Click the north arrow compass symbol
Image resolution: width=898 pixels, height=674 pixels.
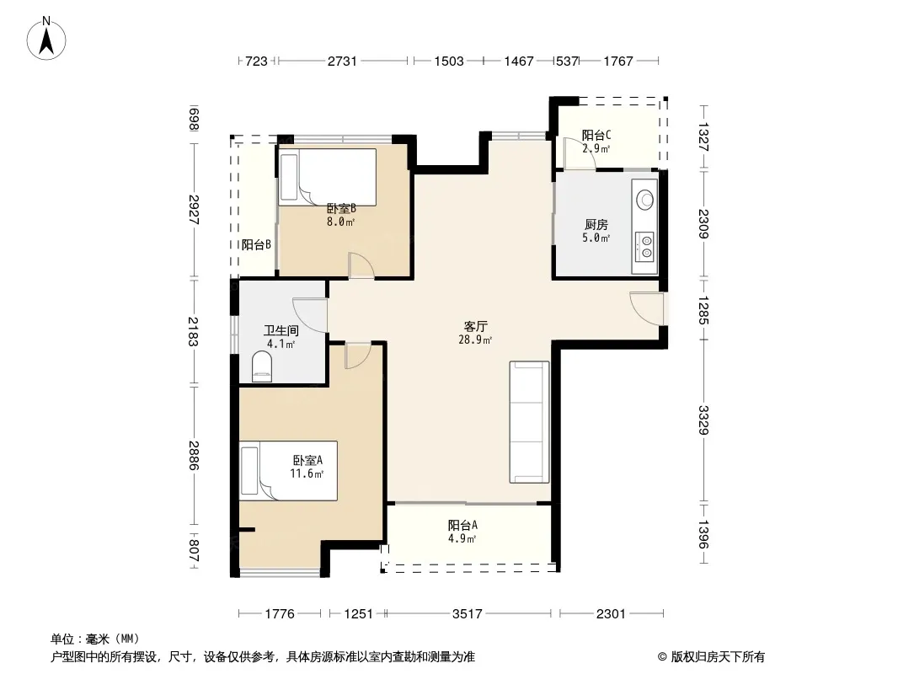click(x=46, y=39)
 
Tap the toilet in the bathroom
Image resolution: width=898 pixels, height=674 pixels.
click(x=262, y=367)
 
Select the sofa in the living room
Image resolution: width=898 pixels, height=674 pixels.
click(x=529, y=422)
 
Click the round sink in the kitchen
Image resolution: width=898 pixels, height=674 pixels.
click(x=645, y=200)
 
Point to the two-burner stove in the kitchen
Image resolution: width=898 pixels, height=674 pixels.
click(x=645, y=246)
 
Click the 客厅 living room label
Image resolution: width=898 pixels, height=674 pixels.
click(x=475, y=326)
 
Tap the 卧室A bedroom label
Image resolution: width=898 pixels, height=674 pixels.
click(x=307, y=460)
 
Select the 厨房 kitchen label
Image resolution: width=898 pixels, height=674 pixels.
click(x=596, y=224)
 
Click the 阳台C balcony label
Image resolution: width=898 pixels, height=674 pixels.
click(x=596, y=135)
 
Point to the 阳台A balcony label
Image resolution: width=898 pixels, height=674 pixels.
click(x=462, y=525)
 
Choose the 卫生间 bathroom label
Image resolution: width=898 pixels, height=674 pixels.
click(x=281, y=330)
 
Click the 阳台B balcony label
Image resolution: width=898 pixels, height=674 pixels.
click(x=256, y=245)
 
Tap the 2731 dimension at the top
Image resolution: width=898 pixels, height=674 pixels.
click(x=342, y=61)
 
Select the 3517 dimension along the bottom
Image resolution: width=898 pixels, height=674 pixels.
click(x=468, y=614)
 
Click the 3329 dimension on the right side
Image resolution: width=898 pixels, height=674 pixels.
click(x=703, y=420)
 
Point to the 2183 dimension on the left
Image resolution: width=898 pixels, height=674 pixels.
click(x=193, y=332)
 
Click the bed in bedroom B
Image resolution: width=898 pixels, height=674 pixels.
click(x=328, y=177)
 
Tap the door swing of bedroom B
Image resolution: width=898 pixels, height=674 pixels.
click(x=361, y=265)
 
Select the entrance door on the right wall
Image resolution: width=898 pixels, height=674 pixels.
click(x=647, y=308)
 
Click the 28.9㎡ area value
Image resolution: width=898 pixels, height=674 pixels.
click(x=475, y=340)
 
